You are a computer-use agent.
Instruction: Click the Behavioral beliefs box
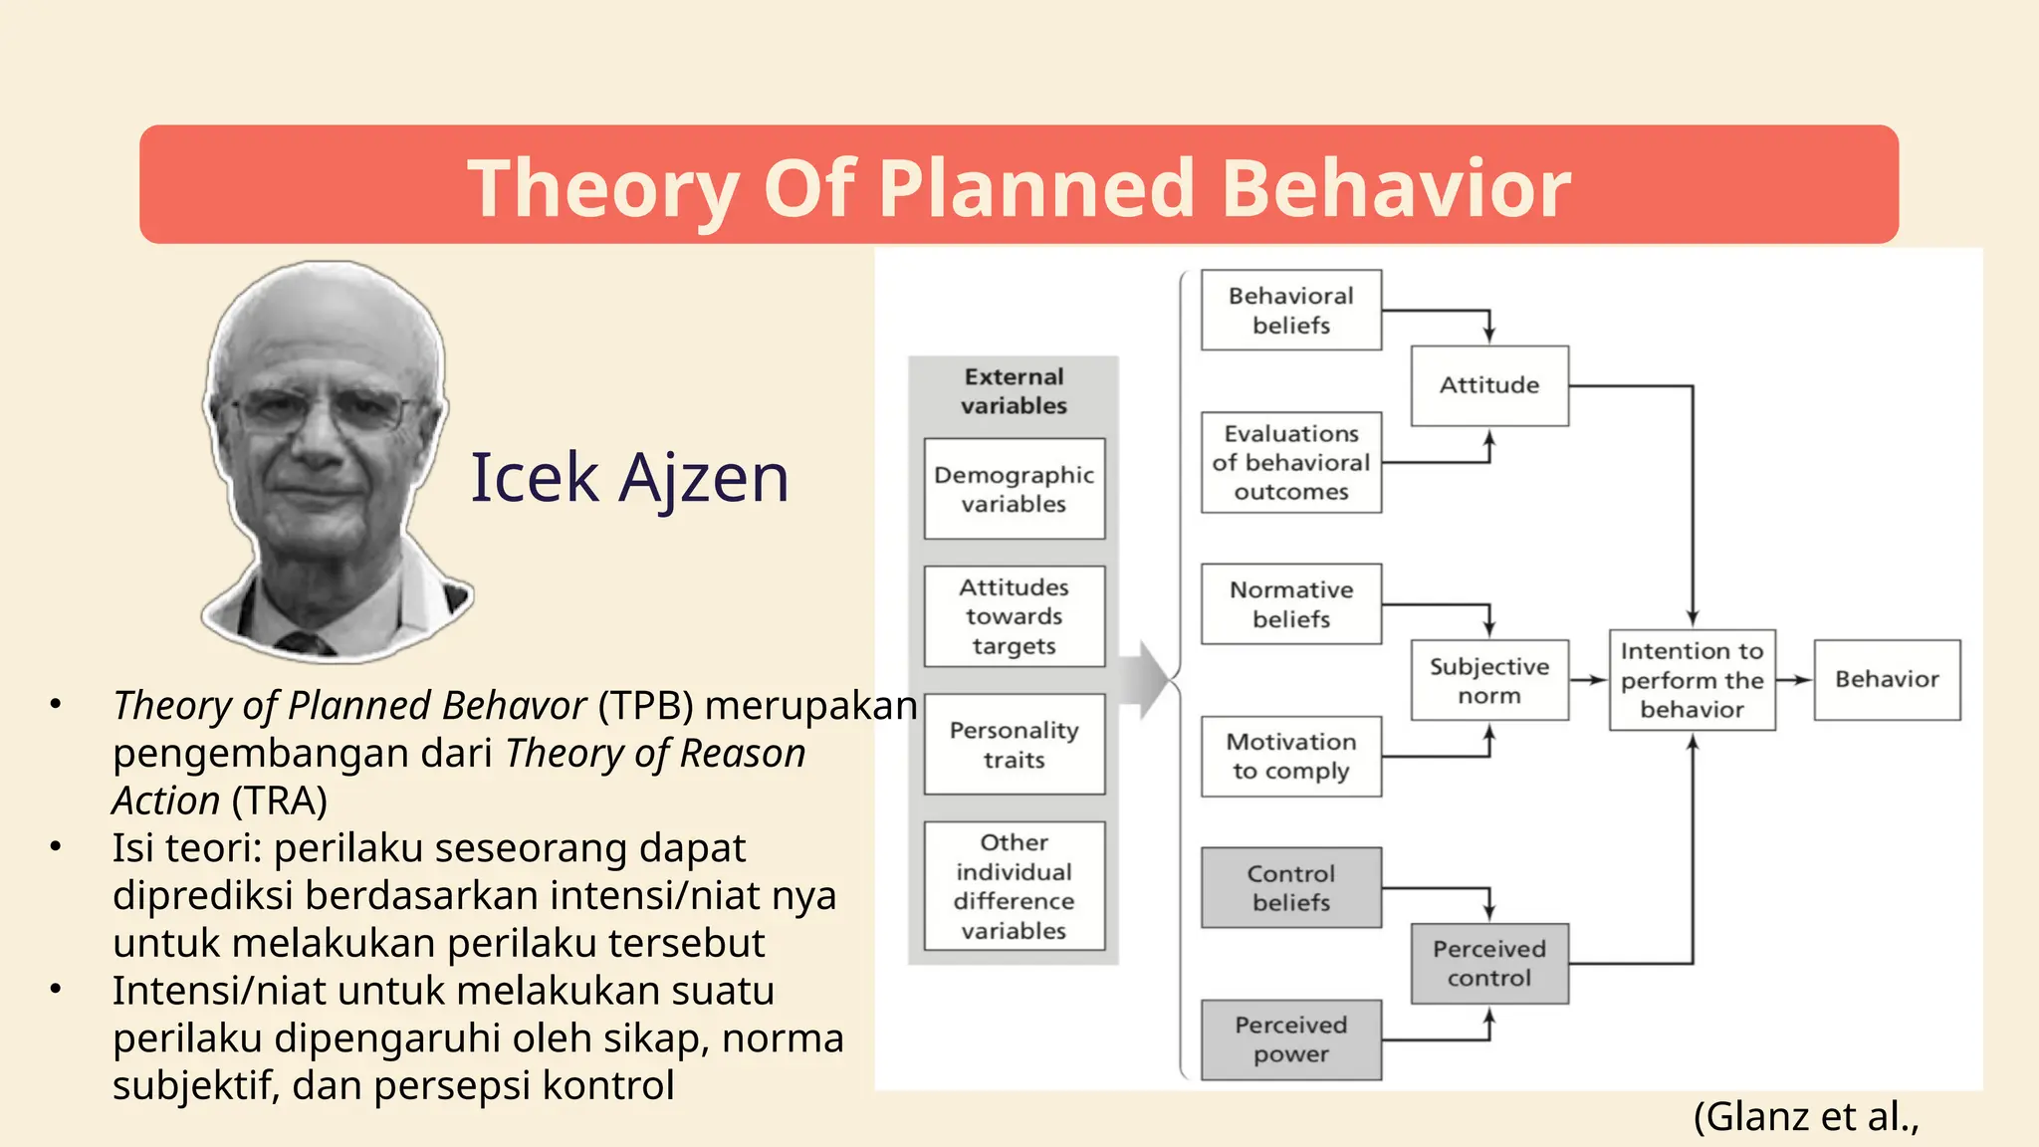[1290, 310]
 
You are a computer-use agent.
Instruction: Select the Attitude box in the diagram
[1488, 385]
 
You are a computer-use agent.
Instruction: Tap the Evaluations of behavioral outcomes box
[1290, 462]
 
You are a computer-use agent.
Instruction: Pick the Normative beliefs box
[1290, 603]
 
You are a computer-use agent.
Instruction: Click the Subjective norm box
[1488, 680]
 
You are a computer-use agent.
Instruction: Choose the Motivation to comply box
[1290, 756]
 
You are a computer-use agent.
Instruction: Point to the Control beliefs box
[1290, 887]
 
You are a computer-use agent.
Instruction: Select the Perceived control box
[1488, 963]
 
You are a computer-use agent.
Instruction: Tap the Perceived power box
[1290, 1039]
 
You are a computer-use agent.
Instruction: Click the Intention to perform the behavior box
[1692, 680]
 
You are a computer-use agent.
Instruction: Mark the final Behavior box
[1886, 680]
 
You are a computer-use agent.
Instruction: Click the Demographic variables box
[1014, 489]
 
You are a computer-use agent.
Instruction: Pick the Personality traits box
[1014, 744]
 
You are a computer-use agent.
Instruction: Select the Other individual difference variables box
[1014, 885]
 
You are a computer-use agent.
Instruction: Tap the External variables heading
[1014, 391]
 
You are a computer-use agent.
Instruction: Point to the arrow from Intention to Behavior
[1793, 680]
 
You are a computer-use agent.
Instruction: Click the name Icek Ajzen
[629, 478]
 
